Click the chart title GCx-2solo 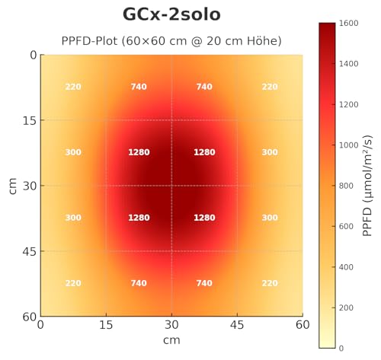coord(171,15)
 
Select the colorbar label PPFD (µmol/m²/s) coord(367,185)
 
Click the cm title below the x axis coord(171,339)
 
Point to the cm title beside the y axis coord(13,186)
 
